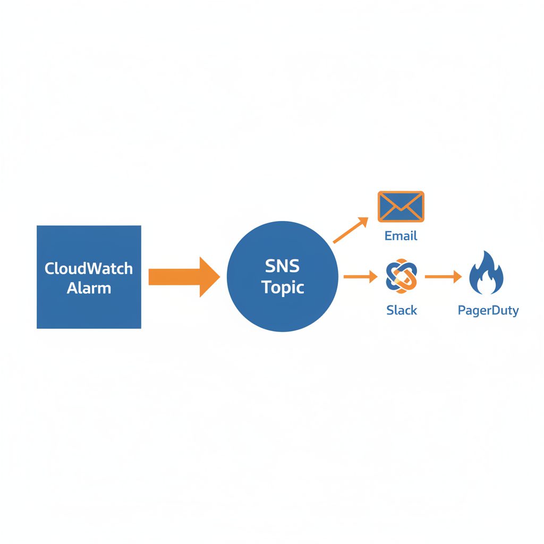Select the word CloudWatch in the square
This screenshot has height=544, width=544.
pyautogui.click(x=89, y=268)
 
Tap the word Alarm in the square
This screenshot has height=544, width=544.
pyautogui.click(x=89, y=288)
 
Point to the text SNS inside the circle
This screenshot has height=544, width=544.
pyautogui.click(x=282, y=265)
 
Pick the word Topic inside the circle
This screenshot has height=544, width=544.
pyautogui.click(x=282, y=287)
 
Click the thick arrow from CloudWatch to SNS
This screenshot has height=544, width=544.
pyautogui.click(x=175, y=277)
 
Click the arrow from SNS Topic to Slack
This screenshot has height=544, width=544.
pyautogui.click(x=359, y=277)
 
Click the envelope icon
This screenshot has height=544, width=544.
pyautogui.click(x=401, y=206)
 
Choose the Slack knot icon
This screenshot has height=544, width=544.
pyautogui.click(x=402, y=277)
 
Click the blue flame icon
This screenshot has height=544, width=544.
pyautogui.click(x=487, y=274)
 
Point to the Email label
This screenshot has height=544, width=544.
pyautogui.click(x=401, y=235)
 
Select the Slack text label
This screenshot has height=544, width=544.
pyautogui.click(x=402, y=310)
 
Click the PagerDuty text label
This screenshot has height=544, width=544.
pyautogui.click(x=488, y=310)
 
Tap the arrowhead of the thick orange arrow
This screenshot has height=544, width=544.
pyautogui.click(x=209, y=277)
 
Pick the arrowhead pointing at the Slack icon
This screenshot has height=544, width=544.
pyautogui.click(x=372, y=277)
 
